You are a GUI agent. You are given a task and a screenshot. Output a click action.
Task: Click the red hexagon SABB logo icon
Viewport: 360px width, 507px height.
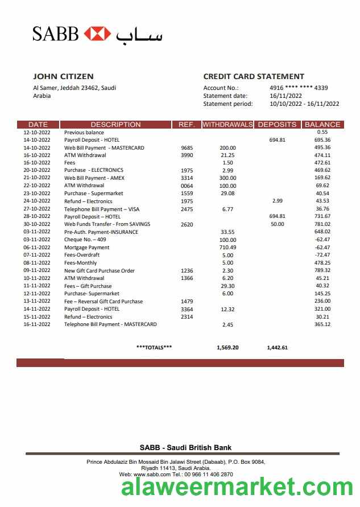point(97,34)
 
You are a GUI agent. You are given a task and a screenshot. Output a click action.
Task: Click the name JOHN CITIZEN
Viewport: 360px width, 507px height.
point(63,76)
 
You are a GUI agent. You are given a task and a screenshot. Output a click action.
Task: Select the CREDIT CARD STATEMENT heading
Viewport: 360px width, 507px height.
point(254,76)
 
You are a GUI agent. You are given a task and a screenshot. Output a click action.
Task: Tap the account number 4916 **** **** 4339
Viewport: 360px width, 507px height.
point(299,88)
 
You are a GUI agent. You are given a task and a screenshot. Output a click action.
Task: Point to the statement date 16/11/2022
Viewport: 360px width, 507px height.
point(285,96)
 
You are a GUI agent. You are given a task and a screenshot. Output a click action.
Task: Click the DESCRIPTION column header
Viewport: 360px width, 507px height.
point(115,125)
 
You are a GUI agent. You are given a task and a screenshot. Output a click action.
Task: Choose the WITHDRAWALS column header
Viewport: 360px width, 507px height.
point(227,125)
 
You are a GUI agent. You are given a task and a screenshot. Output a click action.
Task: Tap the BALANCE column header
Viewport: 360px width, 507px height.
point(322,125)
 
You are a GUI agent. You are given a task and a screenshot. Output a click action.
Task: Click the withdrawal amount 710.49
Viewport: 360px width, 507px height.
point(227,248)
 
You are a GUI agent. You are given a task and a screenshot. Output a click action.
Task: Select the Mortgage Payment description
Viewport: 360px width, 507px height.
point(87,248)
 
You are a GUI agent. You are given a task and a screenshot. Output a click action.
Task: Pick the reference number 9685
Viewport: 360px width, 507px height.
point(187,148)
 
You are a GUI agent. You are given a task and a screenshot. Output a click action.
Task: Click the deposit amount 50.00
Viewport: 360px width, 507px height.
point(277,225)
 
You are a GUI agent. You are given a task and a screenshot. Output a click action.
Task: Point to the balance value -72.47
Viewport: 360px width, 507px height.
point(322,255)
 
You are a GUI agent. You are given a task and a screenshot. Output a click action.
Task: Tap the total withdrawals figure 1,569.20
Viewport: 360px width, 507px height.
point(227,347)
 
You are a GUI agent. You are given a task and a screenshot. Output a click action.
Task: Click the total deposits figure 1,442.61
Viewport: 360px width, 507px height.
point(277,347)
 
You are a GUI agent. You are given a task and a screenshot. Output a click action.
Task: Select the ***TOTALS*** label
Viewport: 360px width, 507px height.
point(154,347)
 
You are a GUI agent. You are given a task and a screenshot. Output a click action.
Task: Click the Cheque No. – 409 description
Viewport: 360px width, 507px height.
point(85,240)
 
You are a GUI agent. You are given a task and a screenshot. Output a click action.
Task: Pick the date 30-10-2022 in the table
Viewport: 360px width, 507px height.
point(37,225)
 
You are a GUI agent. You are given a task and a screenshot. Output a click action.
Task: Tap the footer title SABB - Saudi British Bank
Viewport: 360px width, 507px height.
point(185,448)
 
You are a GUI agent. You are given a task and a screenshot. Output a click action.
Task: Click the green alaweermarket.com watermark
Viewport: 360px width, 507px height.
point(237,488)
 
